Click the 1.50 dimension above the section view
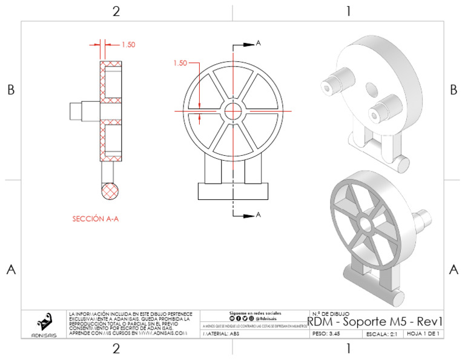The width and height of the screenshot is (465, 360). tap(128, 44)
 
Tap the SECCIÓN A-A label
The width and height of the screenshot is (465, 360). tap(95, 219)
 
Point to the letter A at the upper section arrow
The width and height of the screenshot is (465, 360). tap(259, 43)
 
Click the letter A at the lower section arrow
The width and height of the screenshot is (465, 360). tap(259, 215)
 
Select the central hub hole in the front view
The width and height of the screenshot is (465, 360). tap(233, 111)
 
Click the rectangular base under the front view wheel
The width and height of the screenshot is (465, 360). tap(233, 191)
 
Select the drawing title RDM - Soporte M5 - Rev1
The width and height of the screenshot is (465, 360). tap(376, 321)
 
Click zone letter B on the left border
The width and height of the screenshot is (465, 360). tap(10, 90)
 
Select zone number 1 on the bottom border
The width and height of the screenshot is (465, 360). tap(348, 348)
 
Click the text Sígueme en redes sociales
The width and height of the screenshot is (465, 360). tap(254, 312)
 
